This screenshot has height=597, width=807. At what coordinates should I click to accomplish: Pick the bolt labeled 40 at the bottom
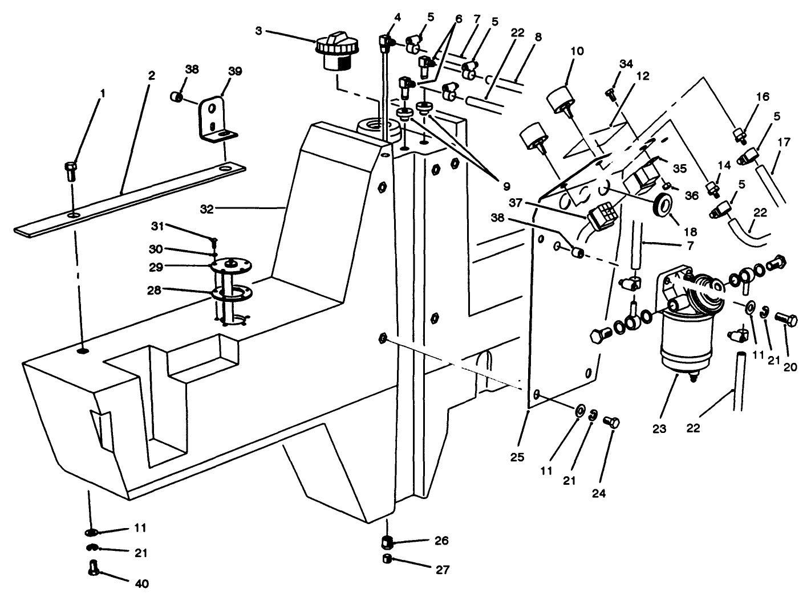95,567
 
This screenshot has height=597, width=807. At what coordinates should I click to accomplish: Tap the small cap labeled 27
388,558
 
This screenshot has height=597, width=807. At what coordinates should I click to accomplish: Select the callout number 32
206,210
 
